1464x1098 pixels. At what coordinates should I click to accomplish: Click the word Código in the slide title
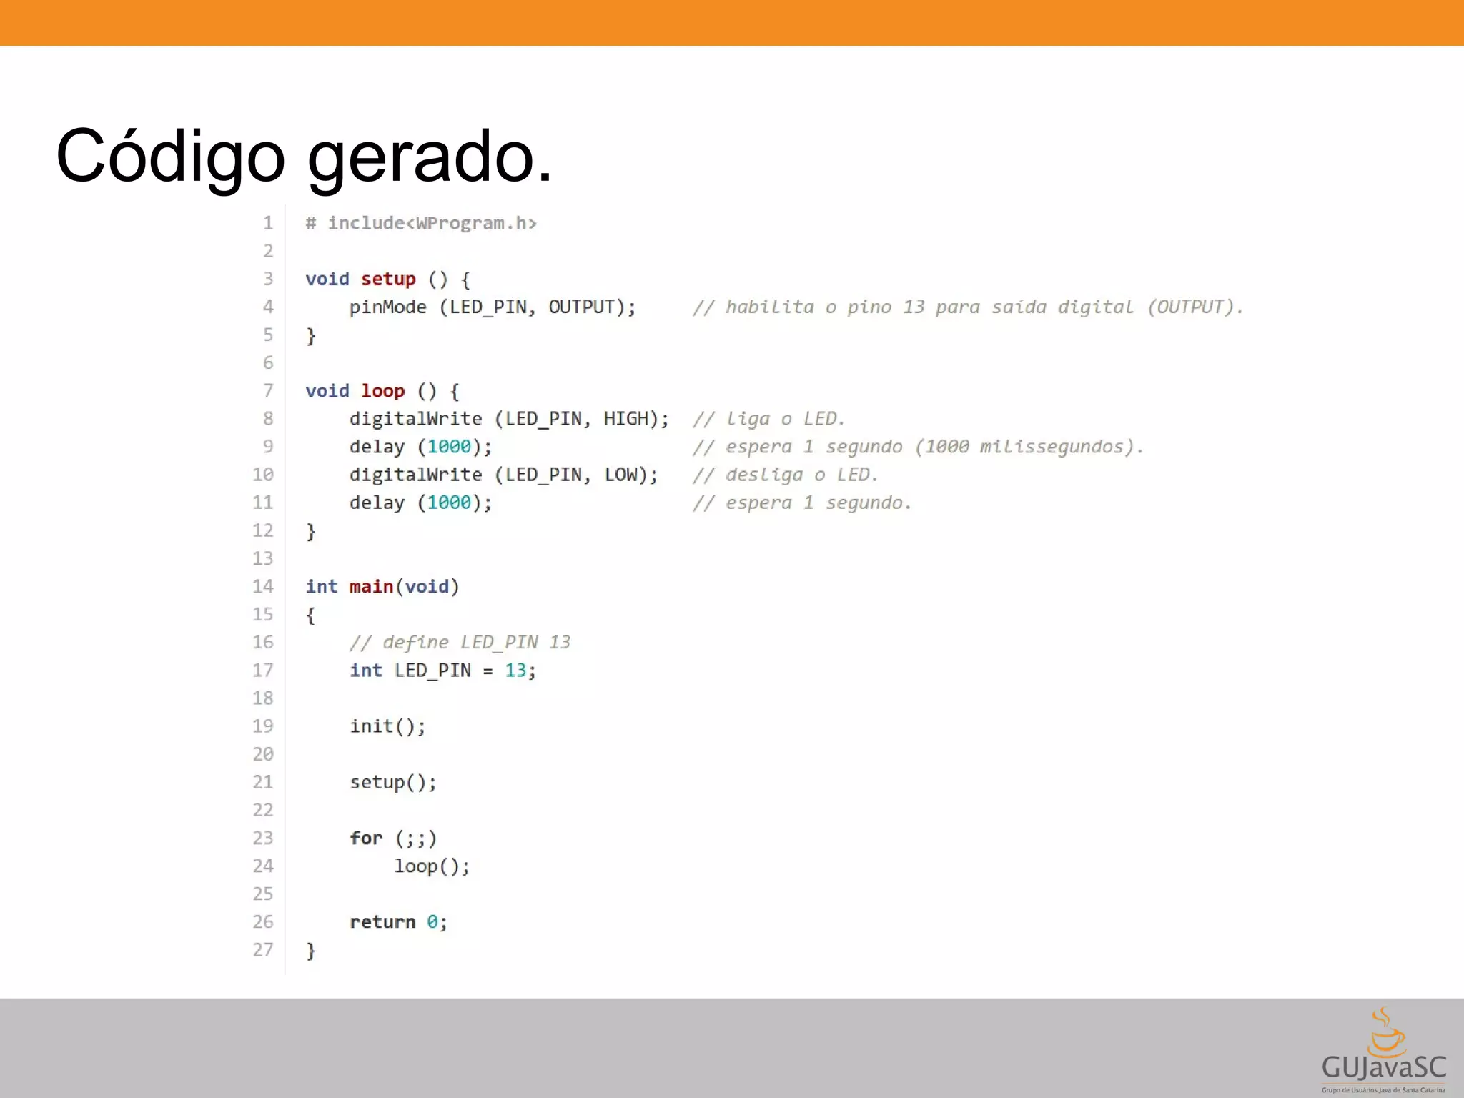pos(170,157)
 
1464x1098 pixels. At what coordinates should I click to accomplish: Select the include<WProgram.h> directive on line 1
pos(431,224)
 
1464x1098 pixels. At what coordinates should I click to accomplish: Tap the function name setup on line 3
pos(387,279)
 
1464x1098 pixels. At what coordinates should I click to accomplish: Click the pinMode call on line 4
pos(387,307)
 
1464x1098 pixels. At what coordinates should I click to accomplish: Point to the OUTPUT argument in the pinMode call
pos(581,307)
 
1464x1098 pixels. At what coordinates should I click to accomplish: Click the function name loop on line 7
pos(382,391)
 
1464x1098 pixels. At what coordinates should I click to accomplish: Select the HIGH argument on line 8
pos(625,419)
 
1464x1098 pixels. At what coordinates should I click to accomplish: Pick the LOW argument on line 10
pos(620,475)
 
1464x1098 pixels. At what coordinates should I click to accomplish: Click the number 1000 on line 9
pos(449,447)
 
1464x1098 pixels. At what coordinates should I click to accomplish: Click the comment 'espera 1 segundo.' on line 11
pos(801,503)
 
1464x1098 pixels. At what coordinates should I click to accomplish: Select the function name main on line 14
pos(371,587)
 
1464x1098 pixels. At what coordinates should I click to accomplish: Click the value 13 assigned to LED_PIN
pos(515,671)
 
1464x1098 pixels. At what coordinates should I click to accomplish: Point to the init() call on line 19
pos(387,726)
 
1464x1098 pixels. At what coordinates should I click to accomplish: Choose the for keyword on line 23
pos(366,838)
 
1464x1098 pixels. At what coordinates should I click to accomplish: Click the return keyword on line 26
pos(382,922)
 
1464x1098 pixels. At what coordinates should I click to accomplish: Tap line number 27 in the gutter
pos(262,950)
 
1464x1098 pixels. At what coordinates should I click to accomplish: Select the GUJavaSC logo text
pos(1383,1068)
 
